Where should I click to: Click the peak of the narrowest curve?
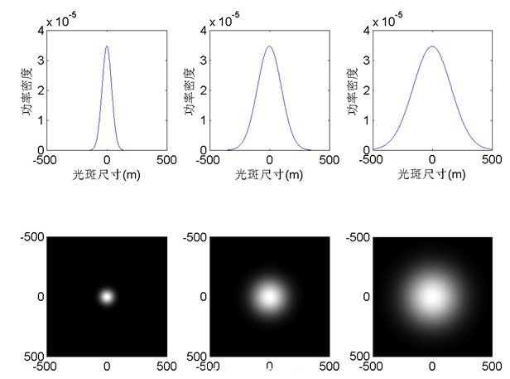point(107,46)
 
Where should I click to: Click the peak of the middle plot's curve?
point(269,46)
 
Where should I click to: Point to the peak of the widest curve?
point(432,46)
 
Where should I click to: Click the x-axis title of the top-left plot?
point(107,175)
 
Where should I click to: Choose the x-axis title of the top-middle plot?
point(269,175)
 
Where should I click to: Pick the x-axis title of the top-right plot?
point(432,175)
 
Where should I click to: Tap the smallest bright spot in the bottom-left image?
point(107,296)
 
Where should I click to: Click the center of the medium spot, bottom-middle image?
point(269,296)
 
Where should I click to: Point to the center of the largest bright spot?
point(432,296)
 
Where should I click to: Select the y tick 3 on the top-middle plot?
point(201,61)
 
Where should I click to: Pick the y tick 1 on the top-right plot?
point(363,121)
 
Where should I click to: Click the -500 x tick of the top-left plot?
point(48,160)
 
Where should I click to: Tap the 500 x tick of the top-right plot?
point(491,160)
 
